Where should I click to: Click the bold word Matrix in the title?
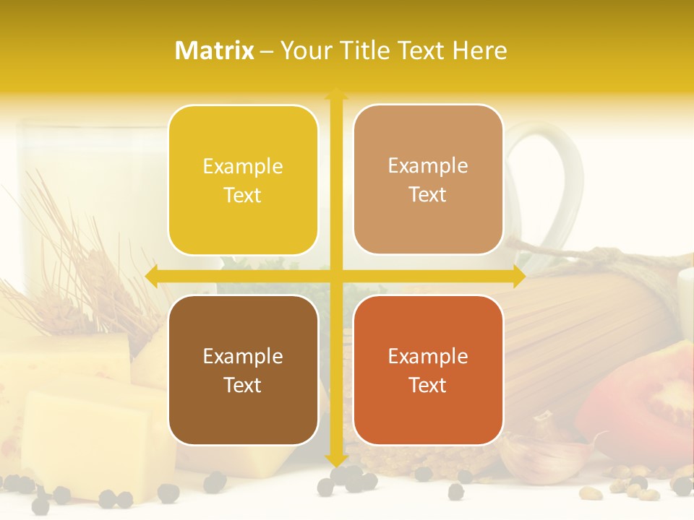pyautogui.click(x=215, y=51)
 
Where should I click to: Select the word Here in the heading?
pyautogui.click(x=479, y=51)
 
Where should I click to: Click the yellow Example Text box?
pyautogui.click(x=243, y=180)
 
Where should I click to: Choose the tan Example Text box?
pyautogui.click(x=428, y=179)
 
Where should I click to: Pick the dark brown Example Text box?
pyautogui.click(x=243, y=370)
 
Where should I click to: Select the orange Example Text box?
pyautogui.click(x=428, y=370)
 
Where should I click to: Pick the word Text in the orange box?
pyautogui.click(x=428, y=385)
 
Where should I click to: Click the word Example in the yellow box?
pyautogui.click(x=243, y=166)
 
